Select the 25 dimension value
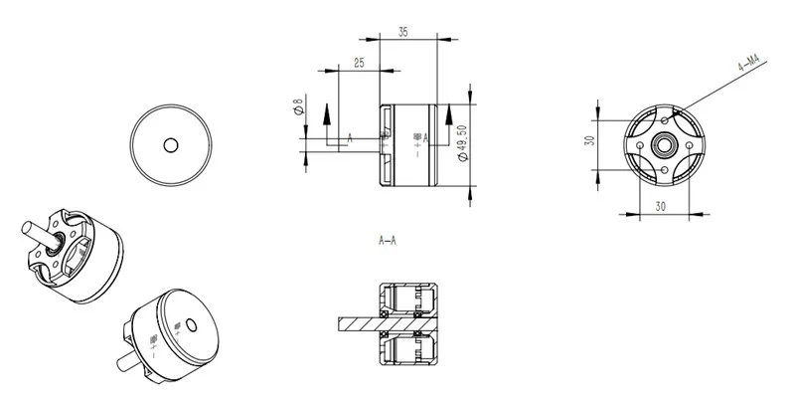click(359, 63)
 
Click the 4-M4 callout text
click(749, 67)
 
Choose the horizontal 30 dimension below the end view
click(660, 205)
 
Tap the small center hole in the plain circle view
click(171, 145)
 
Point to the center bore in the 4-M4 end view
click(660, 143)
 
